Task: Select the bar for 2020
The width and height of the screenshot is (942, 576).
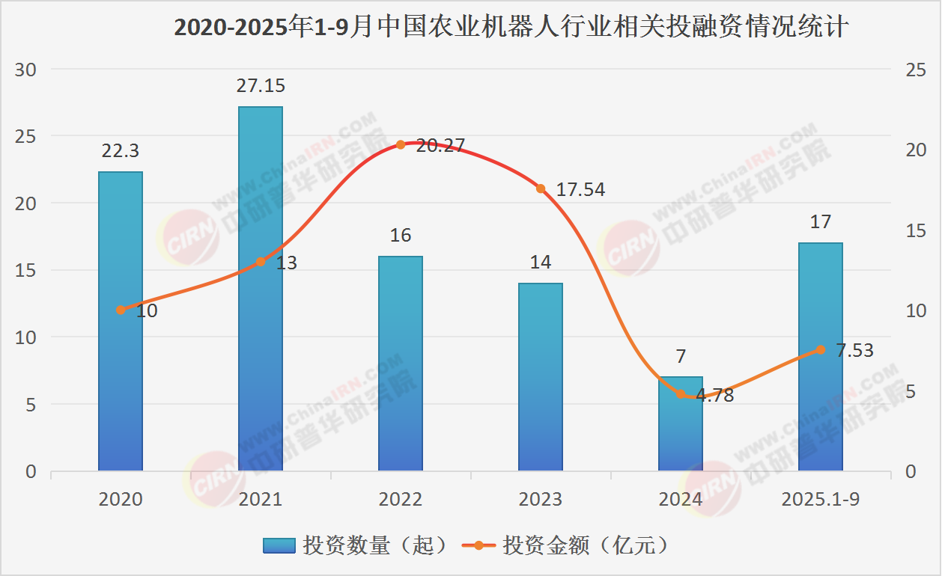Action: pyautogui.click(x=121, y=322)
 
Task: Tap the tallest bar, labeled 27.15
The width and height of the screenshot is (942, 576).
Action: pyautogui.click(x=261, y=288)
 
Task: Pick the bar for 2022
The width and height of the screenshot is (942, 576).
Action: pyautogui.click(x=401, y=364)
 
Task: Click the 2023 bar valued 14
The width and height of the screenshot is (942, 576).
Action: pyautogui.click(x=541, y=377)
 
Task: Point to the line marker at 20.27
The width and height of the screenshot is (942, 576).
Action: pyautogui.click(x=401, y=144)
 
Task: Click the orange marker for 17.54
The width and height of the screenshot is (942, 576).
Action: pyautogui.click(x=541, y=189)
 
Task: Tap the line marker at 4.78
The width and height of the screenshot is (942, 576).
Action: pyautogui.click(x=681, y=394)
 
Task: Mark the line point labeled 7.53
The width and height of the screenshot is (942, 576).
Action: pyautogui.click(x=821, y=349)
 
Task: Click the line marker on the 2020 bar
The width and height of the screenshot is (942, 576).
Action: pyautogui.click(x=121, y=310)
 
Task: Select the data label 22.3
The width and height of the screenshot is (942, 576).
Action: pyautogui.click(x=121, y=151)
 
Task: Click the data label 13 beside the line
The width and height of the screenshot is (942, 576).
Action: pyautogui.click(x=286, y=263)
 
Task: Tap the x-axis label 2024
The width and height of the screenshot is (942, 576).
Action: pyautogui.click(x=681, y=499)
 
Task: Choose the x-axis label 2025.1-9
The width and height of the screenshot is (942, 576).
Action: pyautogui.click(x=821, y=499)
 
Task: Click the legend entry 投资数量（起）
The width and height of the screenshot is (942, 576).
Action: pyautogui.click(x=358, y=546)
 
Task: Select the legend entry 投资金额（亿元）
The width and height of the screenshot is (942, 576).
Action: pyautogui.click(x=568, y=546)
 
